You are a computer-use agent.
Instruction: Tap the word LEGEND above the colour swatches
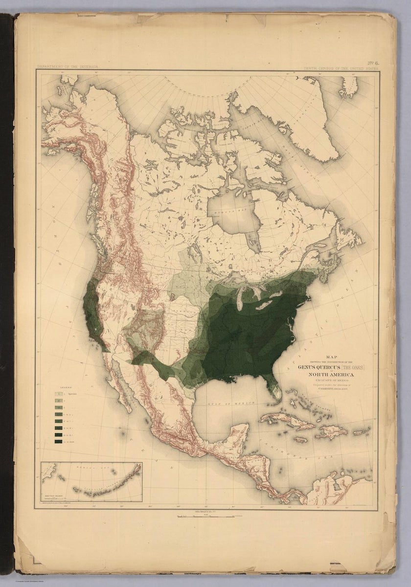coord(62,386)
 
